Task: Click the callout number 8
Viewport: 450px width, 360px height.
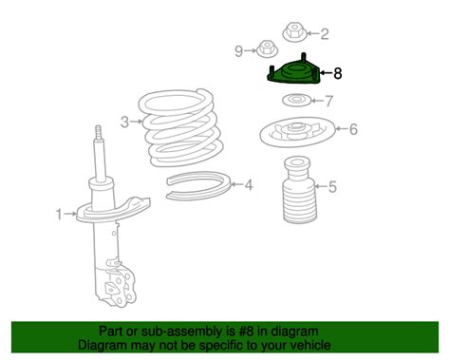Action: (x=338, y=73)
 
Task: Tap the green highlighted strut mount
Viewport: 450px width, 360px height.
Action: (x=293, y=73)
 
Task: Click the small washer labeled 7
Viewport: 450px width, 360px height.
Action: (x=296, y=100)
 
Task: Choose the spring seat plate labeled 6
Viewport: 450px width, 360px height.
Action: (x=297, y=131)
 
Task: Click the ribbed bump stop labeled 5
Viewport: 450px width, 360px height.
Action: (x=299, y=191)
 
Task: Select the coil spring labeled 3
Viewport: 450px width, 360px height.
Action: (x=181, y=127)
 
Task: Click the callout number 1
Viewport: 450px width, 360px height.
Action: (x=59, y=215)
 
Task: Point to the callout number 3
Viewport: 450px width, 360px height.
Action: (x=125, y=122)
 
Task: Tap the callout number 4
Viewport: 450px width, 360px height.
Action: (x=249, y=185)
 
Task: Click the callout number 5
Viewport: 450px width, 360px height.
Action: (x=332, y=187)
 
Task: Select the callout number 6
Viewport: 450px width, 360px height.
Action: (x=353, y=129)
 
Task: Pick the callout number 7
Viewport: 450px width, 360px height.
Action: (x=329, y=102)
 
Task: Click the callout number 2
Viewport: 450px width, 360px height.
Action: (x=325, y=34)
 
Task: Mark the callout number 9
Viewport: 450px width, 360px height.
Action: (x=239, y=50)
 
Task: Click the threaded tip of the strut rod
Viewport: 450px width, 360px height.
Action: (x=99, y=133)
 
